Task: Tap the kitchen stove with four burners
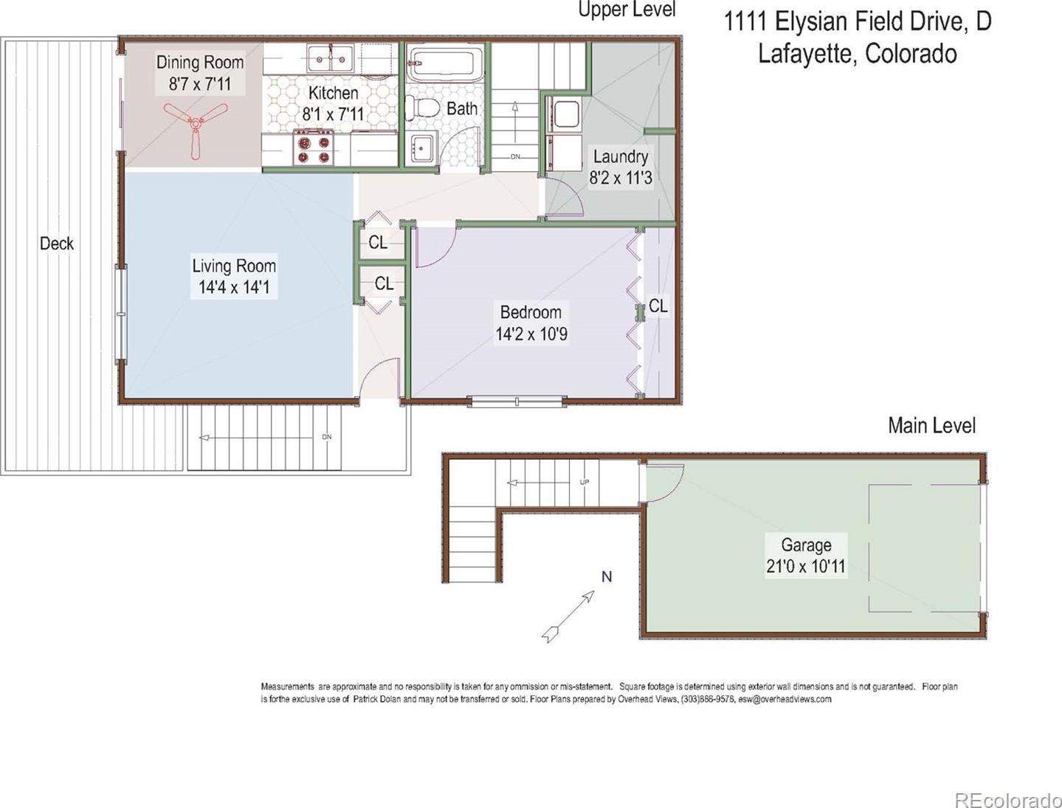(313, 148)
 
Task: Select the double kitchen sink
(331, 58)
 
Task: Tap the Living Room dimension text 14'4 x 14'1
(234, 287)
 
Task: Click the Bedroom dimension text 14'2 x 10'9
(531, 334)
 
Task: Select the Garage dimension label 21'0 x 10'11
(806, 566)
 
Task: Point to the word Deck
(57, 244)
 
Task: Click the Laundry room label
(621, 156)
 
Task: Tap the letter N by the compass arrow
(607, 577)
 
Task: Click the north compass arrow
(568, 617)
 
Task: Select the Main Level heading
(932, 426)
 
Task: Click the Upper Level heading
(627, 9)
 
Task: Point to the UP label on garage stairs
(585, 482)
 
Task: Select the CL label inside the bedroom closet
(658, 305)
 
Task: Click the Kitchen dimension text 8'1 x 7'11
(333, 114)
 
